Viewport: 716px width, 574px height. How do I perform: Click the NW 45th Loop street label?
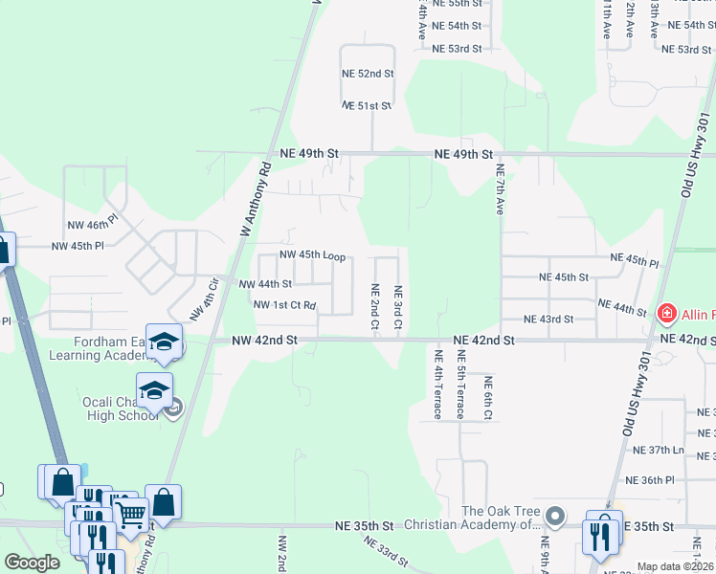[312, 255]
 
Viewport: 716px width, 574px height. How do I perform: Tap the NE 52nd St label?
[368, 73]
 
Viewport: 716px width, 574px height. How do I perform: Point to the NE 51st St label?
[368, 105]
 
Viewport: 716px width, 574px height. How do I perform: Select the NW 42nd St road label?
[265, 340]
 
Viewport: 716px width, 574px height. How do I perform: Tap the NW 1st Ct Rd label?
[284, 305]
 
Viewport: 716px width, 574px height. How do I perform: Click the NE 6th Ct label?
[487, 398]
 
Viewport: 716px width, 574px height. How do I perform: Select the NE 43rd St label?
[548, 320]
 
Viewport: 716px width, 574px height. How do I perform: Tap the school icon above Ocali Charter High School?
[153, 389]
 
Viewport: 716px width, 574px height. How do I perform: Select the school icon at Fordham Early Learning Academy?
[165, 342]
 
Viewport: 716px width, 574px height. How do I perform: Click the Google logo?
[32, 563]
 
